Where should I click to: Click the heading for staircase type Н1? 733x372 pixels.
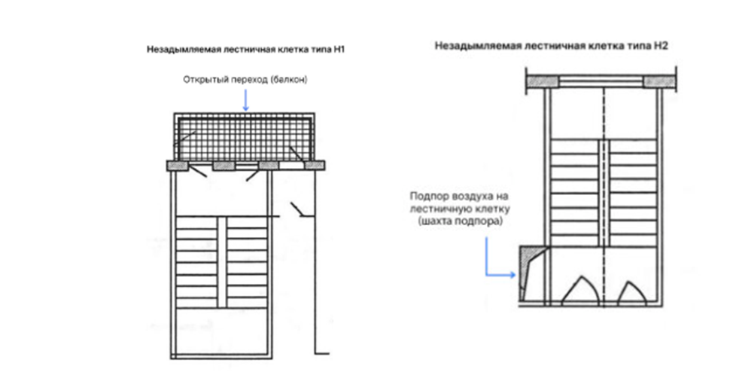(x=245, y=49)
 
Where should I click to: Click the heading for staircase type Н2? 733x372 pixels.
(x=551, y=45)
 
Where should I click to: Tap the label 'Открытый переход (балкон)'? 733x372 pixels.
(x=245, y=80)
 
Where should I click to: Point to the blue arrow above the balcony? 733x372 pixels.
(x=246, y=100)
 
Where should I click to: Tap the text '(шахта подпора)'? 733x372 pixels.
(x=460, y=221)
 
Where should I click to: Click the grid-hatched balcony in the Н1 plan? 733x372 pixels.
(x=244, y=138)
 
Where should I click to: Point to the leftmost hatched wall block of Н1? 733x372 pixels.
(x=178, y=165)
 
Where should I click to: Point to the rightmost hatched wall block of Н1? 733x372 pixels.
(x=315, y=165)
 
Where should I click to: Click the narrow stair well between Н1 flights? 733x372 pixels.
(x=222, y=262)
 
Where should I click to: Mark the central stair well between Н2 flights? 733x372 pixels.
(x=604, y=192)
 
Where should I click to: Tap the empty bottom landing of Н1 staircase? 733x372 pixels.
(x=221, y=331)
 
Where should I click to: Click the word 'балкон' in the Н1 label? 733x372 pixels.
(x=288, y=80)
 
